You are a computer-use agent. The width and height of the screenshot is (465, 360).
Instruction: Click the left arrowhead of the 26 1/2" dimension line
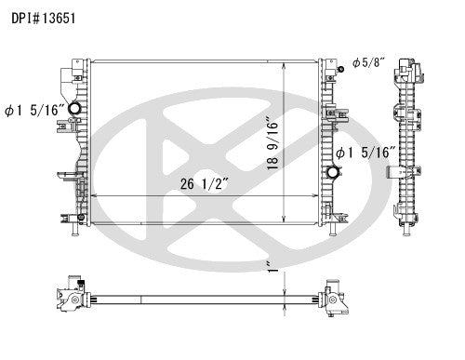tap(90, 196)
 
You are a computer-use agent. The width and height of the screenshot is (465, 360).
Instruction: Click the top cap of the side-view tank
tap(407, 65)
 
